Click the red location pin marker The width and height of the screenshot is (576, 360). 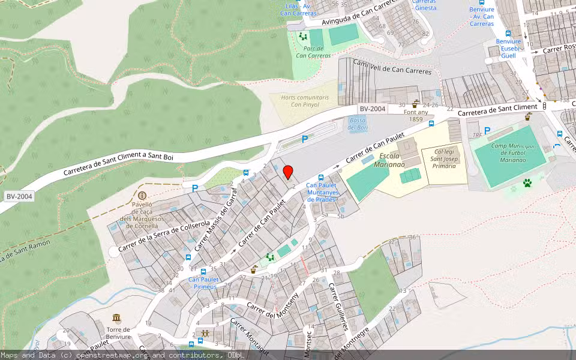[x=288, y=172]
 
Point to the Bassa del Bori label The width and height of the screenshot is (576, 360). [x=358, y=124]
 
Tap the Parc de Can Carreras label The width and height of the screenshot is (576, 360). [x=313, y=52]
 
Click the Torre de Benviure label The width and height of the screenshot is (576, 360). [x=118, y=332]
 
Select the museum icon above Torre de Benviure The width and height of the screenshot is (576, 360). [x=116, y=317]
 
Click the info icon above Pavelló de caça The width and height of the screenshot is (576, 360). [x=142, y=196]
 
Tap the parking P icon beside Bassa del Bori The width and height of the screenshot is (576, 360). [x=305, y=139]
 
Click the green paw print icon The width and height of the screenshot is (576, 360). [x=527, y=182]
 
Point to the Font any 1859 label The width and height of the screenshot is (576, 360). [x=416, y=115]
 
